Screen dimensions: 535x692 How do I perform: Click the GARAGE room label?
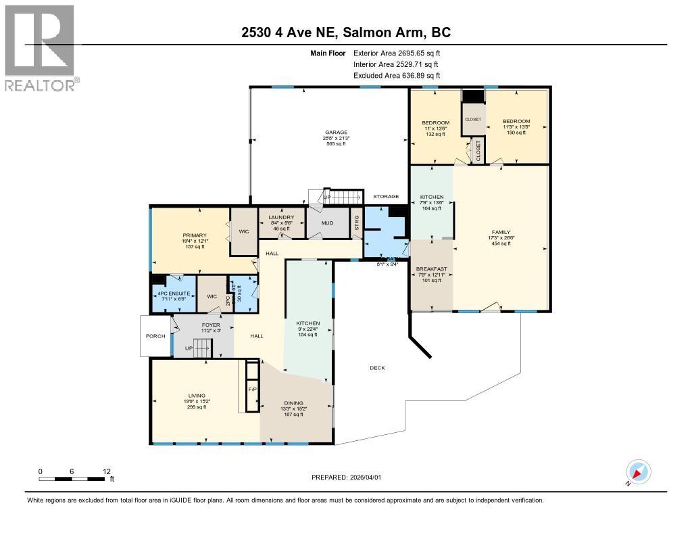(x=335, y=133)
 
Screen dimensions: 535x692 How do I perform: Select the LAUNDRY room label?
(x=280, y=216)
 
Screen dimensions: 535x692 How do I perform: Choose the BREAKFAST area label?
(x=432, y=269)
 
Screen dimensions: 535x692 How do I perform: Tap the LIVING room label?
(x=197, y=396)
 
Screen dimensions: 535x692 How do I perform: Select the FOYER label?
(x=211, y=325)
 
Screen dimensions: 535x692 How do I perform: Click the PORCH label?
(x=155, y=336)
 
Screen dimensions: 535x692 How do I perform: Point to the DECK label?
(x=377, y=368)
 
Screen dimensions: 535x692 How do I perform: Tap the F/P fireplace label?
(x=252, y=390)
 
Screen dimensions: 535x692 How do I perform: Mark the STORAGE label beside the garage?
(x=386, y=196)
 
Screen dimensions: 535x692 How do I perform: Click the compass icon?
(x=638, y=472)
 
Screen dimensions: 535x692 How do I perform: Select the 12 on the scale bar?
(x=105, y=471)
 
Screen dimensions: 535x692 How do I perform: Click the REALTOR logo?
(x=41, y=48)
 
